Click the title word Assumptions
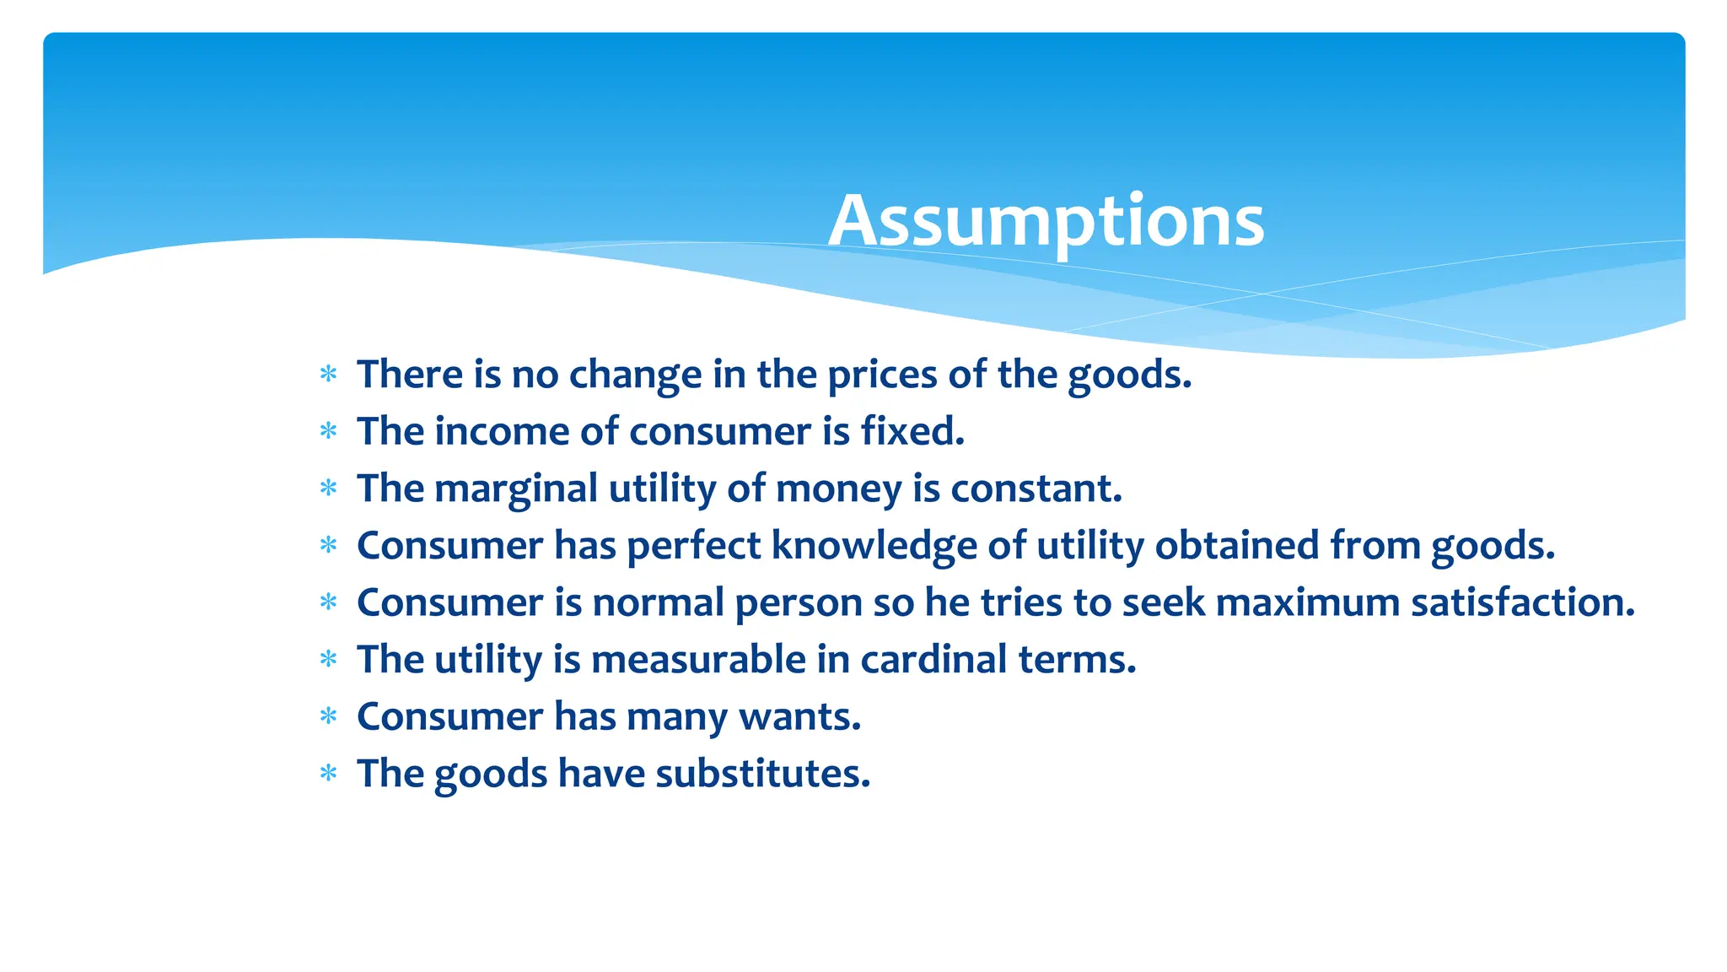(x=1046, y=221)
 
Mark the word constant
(x=1036, y=489)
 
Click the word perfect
(x=693, y=545)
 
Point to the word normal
(x=658, y=602)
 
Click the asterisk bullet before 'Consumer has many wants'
(x=329, y=716)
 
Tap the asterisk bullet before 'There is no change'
(x=329, y=374)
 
